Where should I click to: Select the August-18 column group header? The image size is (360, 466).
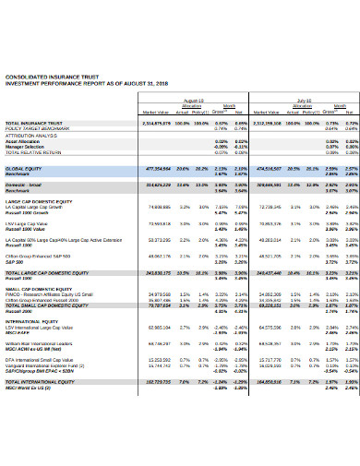(194, 100)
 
